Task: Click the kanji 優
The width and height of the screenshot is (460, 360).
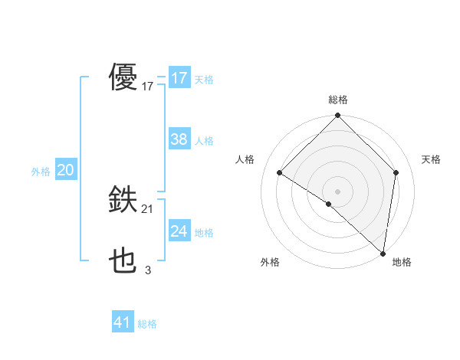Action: [123, 77]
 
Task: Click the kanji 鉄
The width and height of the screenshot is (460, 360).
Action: [123, 201]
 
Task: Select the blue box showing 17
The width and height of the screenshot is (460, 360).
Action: [179, 78]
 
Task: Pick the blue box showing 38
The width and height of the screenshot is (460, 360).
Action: [179, 139]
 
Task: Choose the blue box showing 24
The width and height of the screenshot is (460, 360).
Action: [179, 231]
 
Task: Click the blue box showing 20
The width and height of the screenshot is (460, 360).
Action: [65, 170]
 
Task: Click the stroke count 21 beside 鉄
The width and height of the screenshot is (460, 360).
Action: [148, 209]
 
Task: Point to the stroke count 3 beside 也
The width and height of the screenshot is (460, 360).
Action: [148, 270]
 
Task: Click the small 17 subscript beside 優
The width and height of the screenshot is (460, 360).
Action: [148, 87]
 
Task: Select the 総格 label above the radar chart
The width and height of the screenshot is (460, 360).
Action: [338, 100]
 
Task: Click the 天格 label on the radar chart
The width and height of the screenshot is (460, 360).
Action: [431, 159]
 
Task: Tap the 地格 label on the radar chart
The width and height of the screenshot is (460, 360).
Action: [402, 262]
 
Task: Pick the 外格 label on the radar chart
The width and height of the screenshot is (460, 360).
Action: [270, 262]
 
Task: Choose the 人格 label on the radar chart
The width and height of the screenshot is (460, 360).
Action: [245, 159]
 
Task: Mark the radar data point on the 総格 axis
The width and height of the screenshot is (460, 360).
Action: [338, 116]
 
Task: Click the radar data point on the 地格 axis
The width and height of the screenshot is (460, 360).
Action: [383, 253]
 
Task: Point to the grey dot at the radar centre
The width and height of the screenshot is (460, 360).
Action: [338, 191]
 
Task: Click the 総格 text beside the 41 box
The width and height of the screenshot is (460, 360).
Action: [148, 324]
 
